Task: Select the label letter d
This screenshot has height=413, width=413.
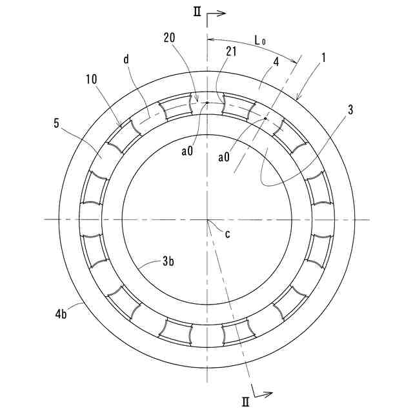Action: point(126,59)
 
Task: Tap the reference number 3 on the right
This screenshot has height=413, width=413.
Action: point(350,109)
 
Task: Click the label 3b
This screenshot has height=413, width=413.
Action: point(168,262)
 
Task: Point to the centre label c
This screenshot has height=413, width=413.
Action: point(227,234)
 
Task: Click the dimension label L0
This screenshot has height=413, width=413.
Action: point(260,40)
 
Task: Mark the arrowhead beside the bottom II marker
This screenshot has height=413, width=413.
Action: point(269,392)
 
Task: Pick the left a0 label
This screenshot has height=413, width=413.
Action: point(187,152)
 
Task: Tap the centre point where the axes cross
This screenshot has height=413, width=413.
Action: point(207,219)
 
